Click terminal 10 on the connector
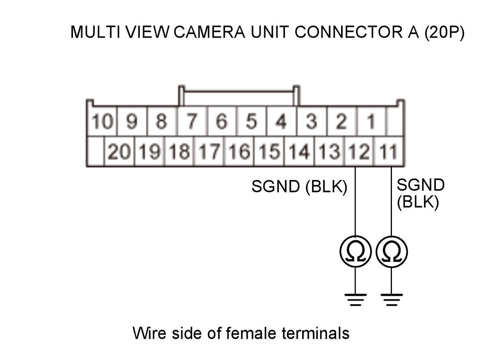102,121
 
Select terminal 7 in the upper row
192,121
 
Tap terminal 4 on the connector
282,121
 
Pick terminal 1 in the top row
371,121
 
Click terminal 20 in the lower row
119,151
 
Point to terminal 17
210,151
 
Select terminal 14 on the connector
299,151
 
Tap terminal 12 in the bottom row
359,151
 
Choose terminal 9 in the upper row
132,121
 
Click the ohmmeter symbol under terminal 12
355,252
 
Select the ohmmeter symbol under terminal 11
392,252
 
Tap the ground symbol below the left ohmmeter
355,300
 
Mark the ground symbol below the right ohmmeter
392,300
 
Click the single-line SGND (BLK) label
299,187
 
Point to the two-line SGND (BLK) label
421,194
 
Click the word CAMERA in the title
209,32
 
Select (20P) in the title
444,32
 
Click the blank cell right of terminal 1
395,121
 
